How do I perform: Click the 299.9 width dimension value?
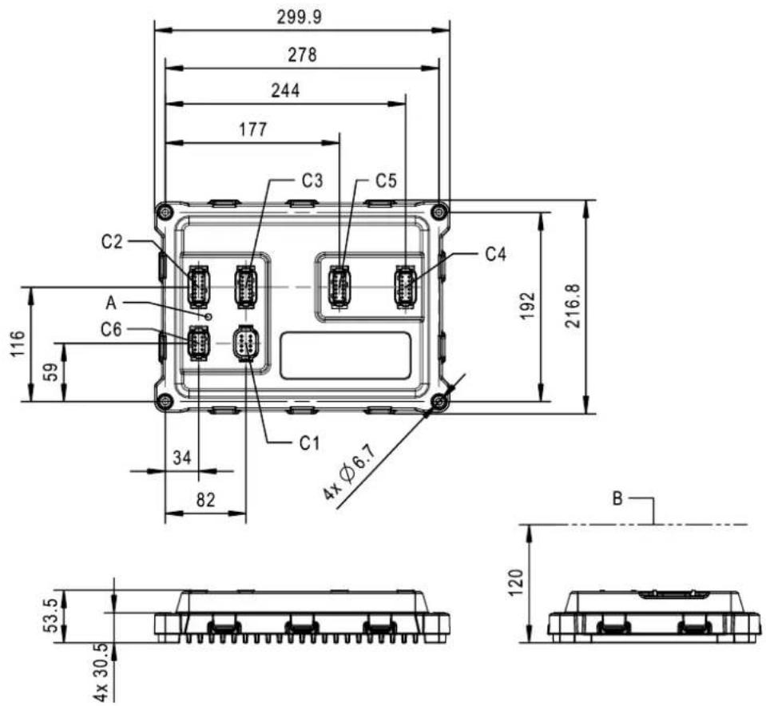pos(300,17)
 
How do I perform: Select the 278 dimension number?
pos(302,55)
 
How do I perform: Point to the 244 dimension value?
pos(285,91)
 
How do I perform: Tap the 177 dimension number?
pos(253,129)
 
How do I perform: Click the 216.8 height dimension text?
pos(572,307)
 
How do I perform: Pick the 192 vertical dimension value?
pos(528,307)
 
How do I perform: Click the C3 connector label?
pos(312,180)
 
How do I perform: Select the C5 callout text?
pos(386,180)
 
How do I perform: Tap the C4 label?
pos(496,255)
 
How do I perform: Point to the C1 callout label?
pos(309,443)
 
